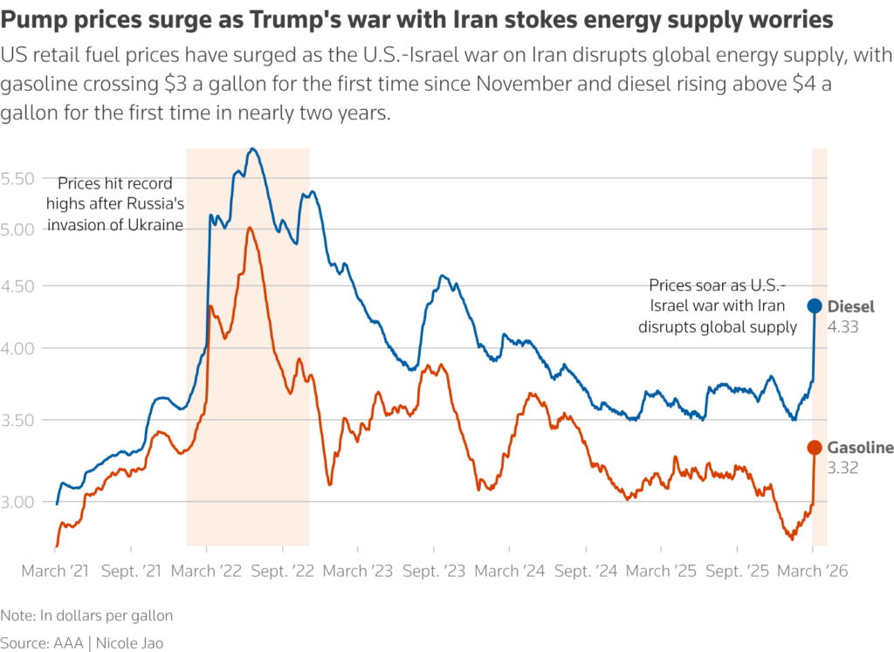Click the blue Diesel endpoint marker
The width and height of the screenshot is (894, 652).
pos(814,305)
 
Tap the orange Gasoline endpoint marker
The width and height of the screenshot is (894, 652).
pos(814,447)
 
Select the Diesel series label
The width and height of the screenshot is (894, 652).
pos(850,306)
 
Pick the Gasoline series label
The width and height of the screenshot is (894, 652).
pos(860,448)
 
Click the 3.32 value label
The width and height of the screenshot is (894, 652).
pos(842,467)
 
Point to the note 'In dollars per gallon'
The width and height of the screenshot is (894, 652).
pos(107,615)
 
